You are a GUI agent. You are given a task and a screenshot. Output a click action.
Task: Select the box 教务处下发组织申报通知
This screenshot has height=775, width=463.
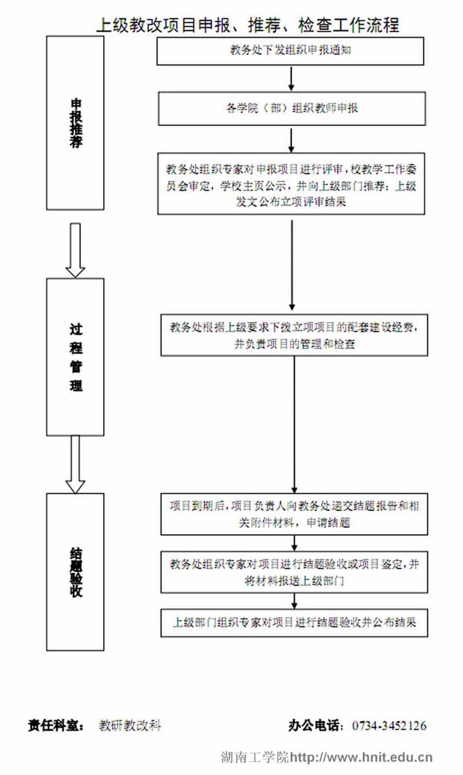click(291, 50)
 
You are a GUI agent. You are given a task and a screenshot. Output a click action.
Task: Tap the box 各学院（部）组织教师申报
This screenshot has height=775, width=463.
click(292, 108)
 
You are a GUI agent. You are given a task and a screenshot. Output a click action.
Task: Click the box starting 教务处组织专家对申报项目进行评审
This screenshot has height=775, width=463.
click(292, 184)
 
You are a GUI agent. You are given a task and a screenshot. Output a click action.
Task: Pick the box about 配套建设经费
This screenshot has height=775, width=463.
click(295, 335)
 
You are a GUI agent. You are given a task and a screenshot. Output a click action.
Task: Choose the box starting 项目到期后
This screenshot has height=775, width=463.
click(295, 513)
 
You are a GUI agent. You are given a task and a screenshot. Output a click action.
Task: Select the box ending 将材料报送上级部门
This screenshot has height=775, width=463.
click(295, 572)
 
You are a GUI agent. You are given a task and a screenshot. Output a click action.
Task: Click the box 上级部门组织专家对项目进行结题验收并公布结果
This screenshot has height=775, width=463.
click(295, 623)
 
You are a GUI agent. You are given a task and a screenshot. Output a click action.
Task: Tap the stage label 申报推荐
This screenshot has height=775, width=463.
click(75, 123)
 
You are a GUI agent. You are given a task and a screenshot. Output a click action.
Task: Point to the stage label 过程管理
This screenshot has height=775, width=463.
click(75, 357)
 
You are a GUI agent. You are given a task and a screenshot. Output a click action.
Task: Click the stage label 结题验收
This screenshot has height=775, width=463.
click(75, 571)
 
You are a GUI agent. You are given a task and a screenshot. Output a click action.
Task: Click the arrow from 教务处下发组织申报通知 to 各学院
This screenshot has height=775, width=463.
click(292, 79)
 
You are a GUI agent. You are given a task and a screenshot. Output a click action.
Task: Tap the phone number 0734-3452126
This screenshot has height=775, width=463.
click(389, 725)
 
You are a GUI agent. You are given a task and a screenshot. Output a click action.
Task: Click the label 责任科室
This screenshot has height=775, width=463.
click(57, 725)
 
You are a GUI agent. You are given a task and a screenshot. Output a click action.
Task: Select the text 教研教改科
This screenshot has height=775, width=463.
click(130, 725)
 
